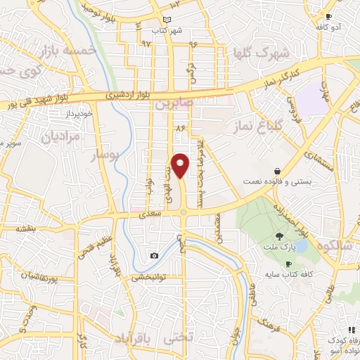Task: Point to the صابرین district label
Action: pos(174,103)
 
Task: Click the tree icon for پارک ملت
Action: pos(279,237)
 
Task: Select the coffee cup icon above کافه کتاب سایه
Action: pos(288,264)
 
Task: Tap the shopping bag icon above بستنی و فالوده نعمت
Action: pos(278,170)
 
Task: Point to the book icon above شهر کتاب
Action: pos(166,20)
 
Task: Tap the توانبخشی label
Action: pos(146,277)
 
